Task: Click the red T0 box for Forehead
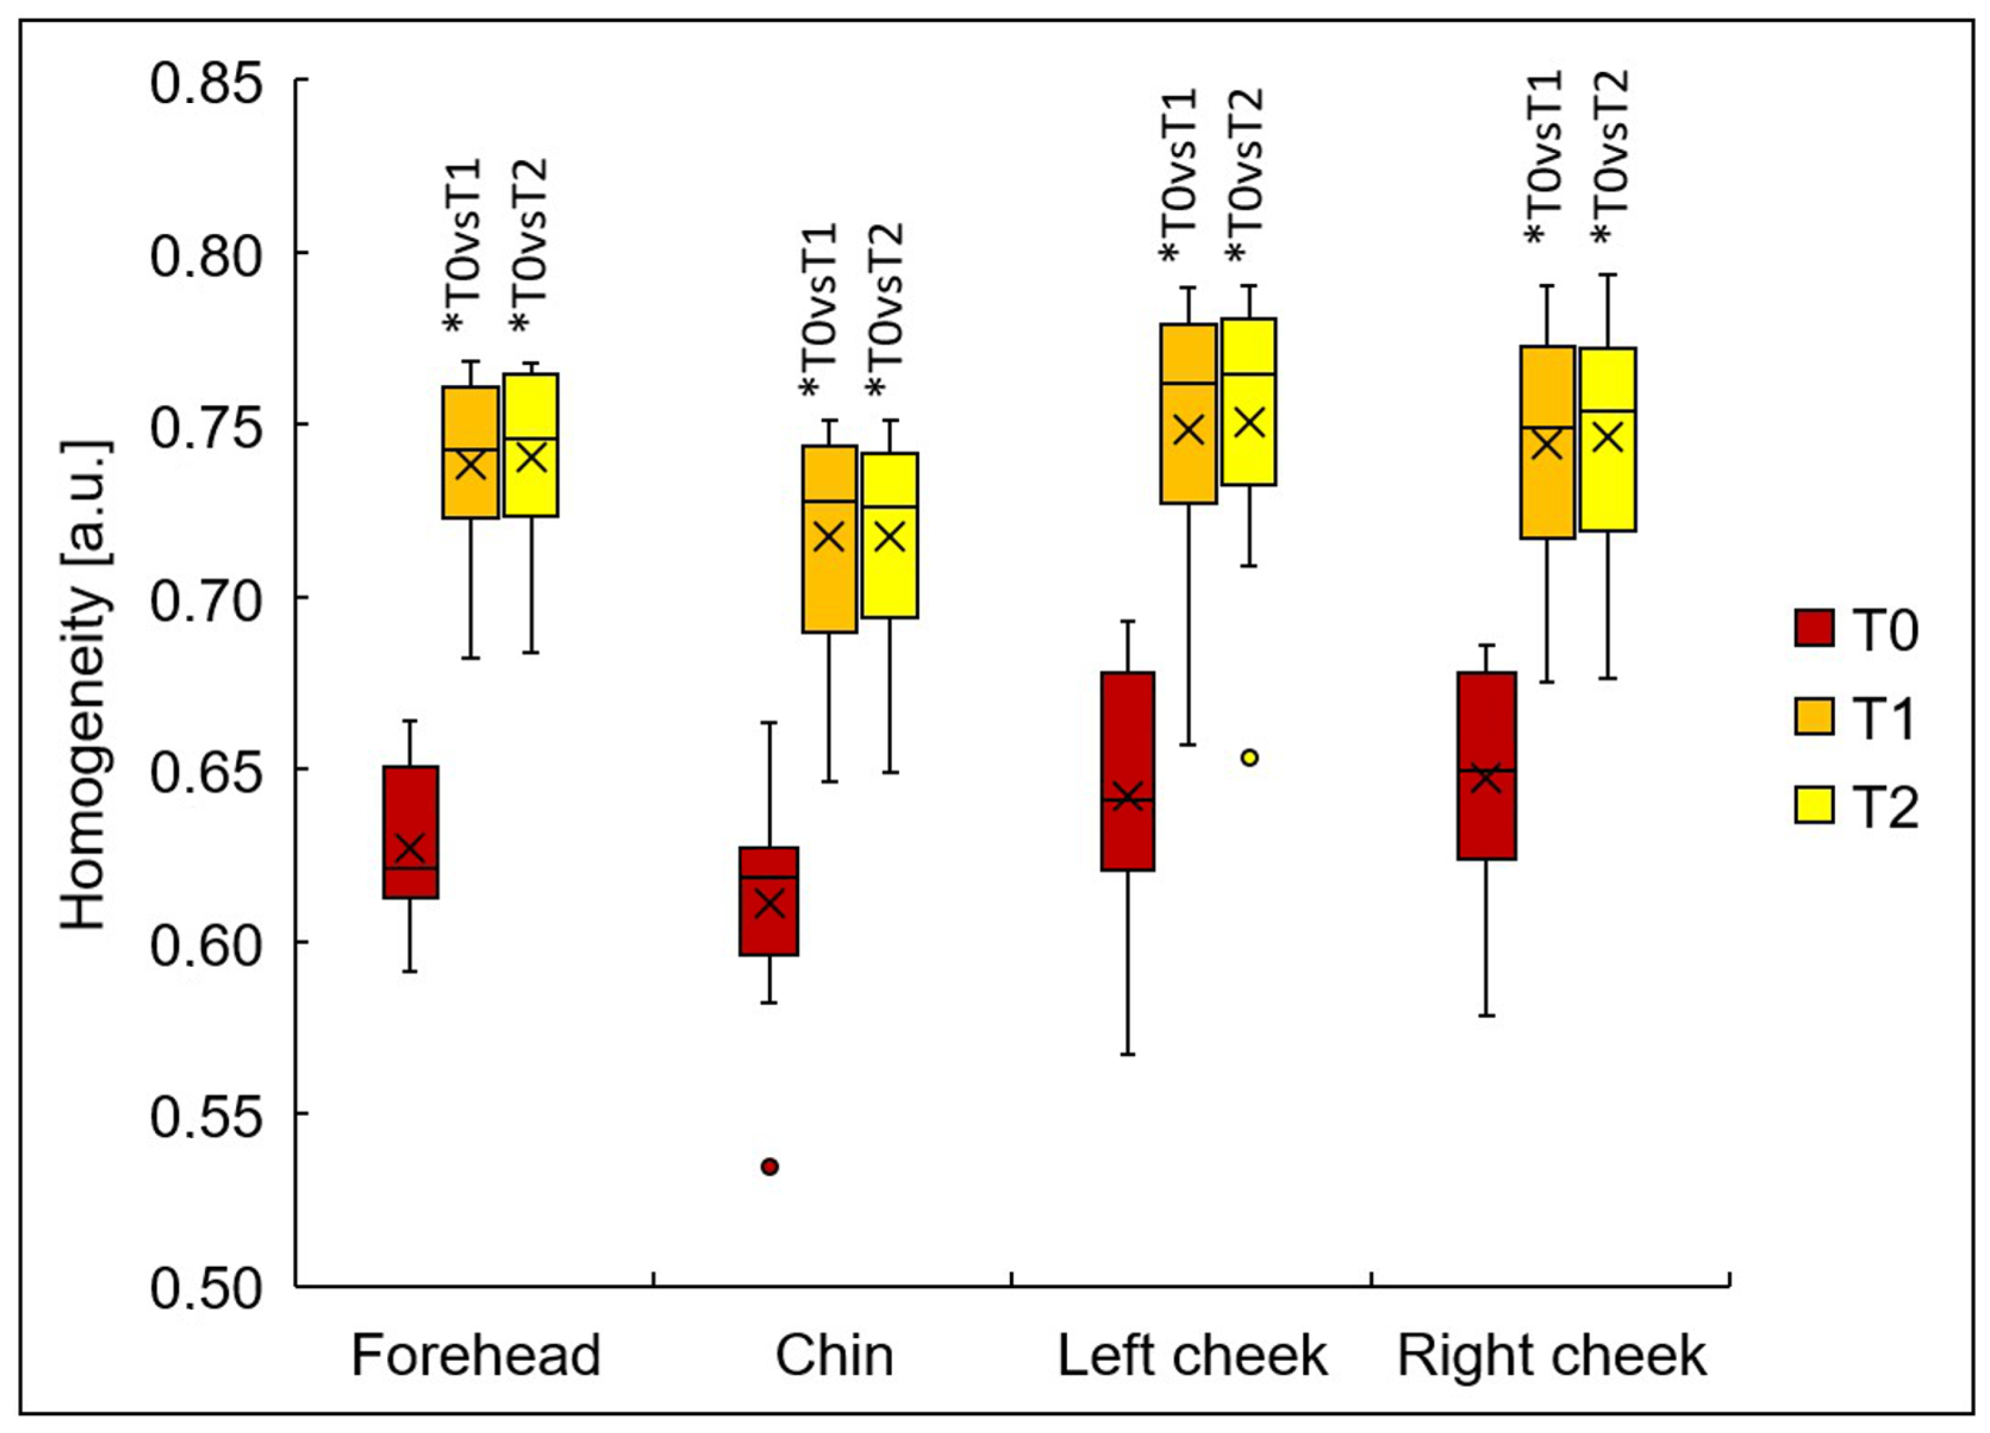(x=410, y=832)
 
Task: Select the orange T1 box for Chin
(x=829, y=538)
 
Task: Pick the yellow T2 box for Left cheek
(x=1248, y=402)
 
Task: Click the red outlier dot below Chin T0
(x=769, y=1166)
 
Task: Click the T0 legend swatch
(x=1813, y=628)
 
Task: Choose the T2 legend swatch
(x=1813, y=804)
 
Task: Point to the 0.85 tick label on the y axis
(x=207, y=83)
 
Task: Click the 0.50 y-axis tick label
(x=207, y=1288)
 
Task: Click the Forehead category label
(x=476, y=1356)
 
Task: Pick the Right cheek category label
(x=1552, y=1356)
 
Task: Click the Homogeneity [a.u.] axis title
(x=85, y=684)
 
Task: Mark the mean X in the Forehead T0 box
(x=410, y=848)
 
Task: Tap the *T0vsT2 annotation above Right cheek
(x=1611, y=156)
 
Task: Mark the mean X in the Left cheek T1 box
(x=1189, y=430)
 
